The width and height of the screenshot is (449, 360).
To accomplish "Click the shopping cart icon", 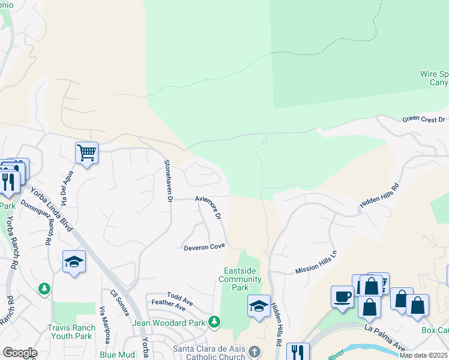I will coord(86,154).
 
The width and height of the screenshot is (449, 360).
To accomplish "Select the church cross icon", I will coord(255,351).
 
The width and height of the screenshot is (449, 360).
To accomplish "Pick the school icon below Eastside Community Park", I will coord(259,306).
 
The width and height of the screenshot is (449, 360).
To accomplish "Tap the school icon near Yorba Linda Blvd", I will coord(74,262).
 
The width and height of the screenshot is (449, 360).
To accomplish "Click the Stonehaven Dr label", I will coord(169,180).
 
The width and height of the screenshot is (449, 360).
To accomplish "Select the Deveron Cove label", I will coord(204,246).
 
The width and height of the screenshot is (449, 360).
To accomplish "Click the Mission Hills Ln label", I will coord(316,262).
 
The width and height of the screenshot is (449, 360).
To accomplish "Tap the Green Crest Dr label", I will coord(424,119).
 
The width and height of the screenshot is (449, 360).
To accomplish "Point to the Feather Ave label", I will coord(168,305).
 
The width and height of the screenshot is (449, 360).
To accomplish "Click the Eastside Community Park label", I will coord(240,279).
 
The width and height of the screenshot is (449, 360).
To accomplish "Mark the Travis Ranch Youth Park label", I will coord(70,332).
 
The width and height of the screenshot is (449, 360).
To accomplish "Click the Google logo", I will coord(20,353).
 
